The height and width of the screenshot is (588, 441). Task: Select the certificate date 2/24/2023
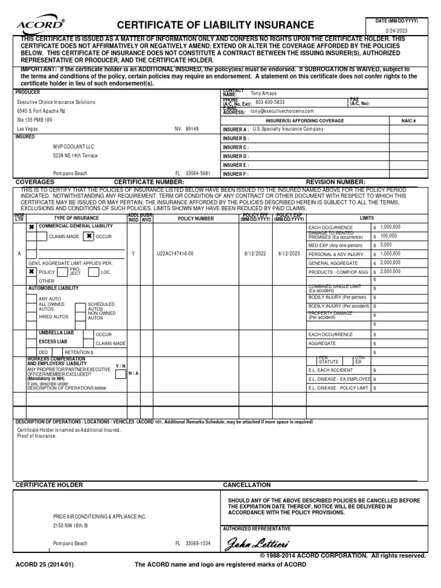396,30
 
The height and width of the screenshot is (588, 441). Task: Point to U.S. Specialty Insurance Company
284,129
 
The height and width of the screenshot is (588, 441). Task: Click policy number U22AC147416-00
175,253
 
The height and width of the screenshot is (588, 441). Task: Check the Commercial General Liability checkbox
32,227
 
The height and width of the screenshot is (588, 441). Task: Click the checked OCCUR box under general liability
89,236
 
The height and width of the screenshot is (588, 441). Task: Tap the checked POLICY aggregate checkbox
32,272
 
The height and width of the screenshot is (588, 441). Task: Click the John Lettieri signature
258,543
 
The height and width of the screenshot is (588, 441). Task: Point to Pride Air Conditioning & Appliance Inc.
99,516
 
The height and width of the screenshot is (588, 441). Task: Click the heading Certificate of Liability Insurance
215,25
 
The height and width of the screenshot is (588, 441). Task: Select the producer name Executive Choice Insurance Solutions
56,102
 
